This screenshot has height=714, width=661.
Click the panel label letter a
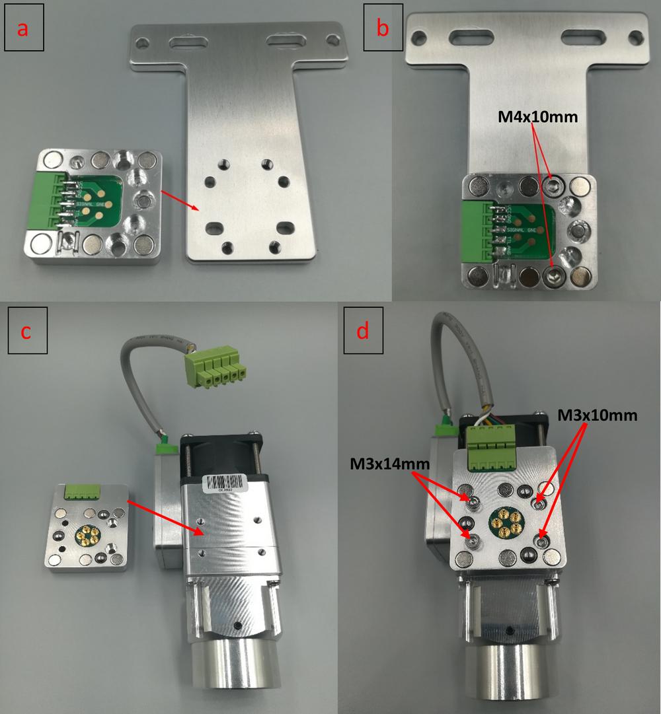[24, 30]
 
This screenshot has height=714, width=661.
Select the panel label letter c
[26, 332]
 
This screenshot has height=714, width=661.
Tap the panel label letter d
[362, 332]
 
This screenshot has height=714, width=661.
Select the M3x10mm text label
[598, 415]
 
